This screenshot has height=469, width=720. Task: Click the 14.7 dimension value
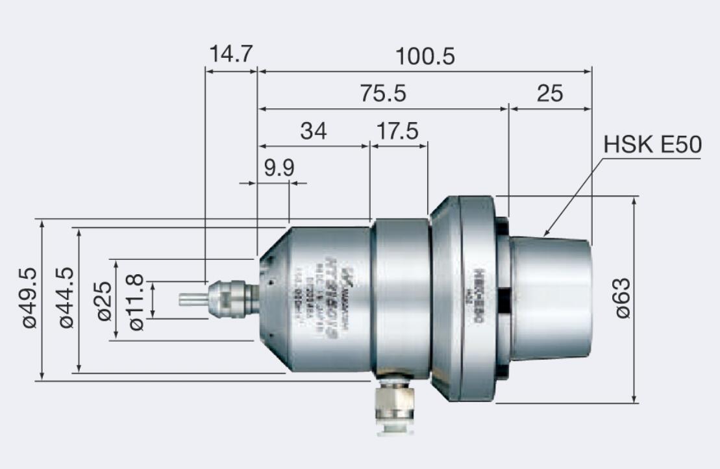[x=230, y=54]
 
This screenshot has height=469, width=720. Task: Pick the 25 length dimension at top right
[x=549, y=94]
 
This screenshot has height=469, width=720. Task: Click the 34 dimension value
[x=314, y=131]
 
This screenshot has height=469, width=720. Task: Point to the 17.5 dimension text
[x=398, y=131]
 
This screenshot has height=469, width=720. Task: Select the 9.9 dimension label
[x=279, y=168]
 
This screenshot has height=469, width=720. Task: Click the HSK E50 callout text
[x=652, y=145]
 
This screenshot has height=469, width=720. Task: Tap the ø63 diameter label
[x=622, y=298]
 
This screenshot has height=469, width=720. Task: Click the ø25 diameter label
[x=105, y=299]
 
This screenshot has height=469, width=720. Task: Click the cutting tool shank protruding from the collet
[x=192, y=299]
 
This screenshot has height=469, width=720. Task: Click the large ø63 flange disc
[x=477, y=299]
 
